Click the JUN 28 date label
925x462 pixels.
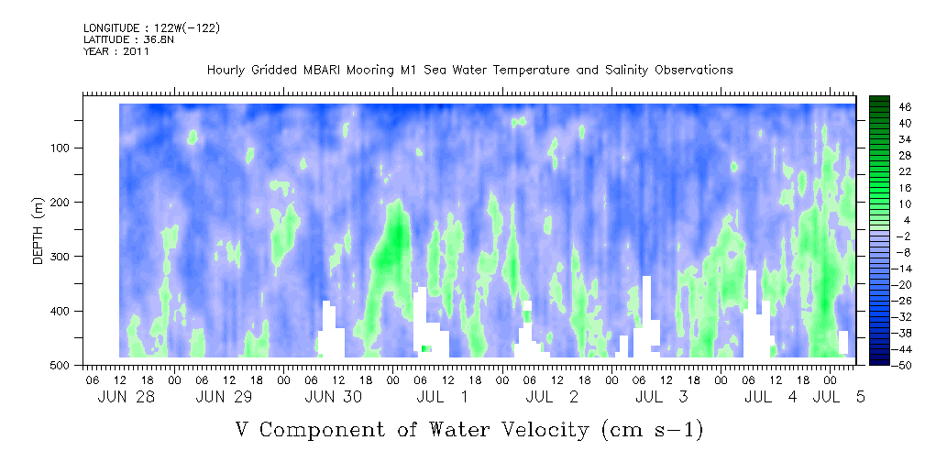[x=126, y=397]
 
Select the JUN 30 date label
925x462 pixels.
[x=334, y=397]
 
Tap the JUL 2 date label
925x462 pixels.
[x=552, y=397]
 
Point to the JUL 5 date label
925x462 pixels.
[x=838, y=397]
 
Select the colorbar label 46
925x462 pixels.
[x=888, y=107]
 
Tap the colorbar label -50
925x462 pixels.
[x=886, y=365]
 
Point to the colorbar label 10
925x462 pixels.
[x=888, y=203]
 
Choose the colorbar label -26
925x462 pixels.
[x=886, y=297]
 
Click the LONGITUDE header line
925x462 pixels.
[x=152, y=27]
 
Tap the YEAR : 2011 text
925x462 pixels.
[x=116, y=51]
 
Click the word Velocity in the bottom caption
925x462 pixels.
[x=538, y=430]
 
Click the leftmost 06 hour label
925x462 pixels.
[x=92, y=378]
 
